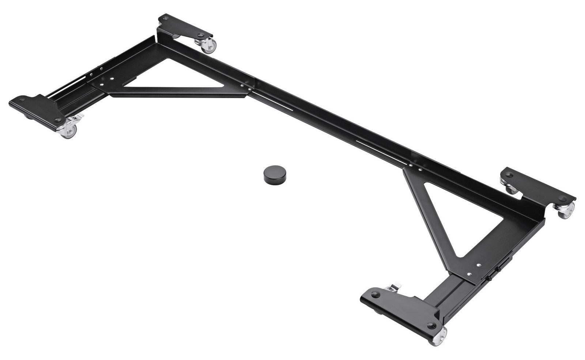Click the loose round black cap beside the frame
click(273, 174)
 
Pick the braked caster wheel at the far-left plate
click(69, 131)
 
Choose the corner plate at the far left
click(35, 110)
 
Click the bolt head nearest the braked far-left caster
click(57, 120)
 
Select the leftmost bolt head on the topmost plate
click(165, 18)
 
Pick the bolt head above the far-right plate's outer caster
click(562, 198)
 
